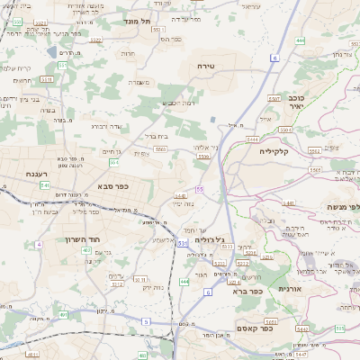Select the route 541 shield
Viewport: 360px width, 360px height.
pyautogui.click(x=44, y=184)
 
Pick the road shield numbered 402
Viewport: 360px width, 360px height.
pyautogui.click(x=86, y=250)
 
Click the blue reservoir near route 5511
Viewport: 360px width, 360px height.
pyautogui.click(x=211, y=118)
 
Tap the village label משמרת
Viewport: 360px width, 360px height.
pyautogui.click(x=138, y=82)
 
